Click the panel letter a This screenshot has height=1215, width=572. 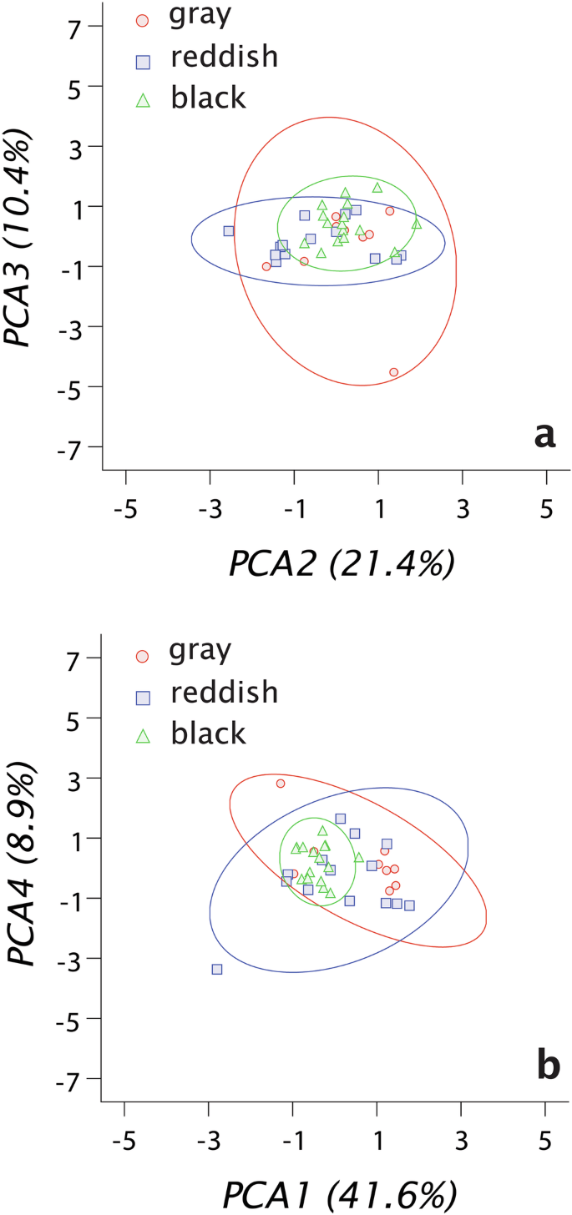[x=544, y=436]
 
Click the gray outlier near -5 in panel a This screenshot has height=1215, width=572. [x=393, y=372]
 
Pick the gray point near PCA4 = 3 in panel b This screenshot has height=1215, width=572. [x=281, y=783]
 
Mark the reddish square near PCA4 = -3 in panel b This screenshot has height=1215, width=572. [x=217, y=969]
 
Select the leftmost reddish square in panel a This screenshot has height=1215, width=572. [x=229, y=230]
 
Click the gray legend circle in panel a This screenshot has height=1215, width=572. [x=143, y=18]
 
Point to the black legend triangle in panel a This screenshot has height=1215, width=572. [x=143, y=99]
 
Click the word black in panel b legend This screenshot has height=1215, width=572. [x=208, y=733]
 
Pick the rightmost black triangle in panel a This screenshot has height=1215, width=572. [x=417, y=223]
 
